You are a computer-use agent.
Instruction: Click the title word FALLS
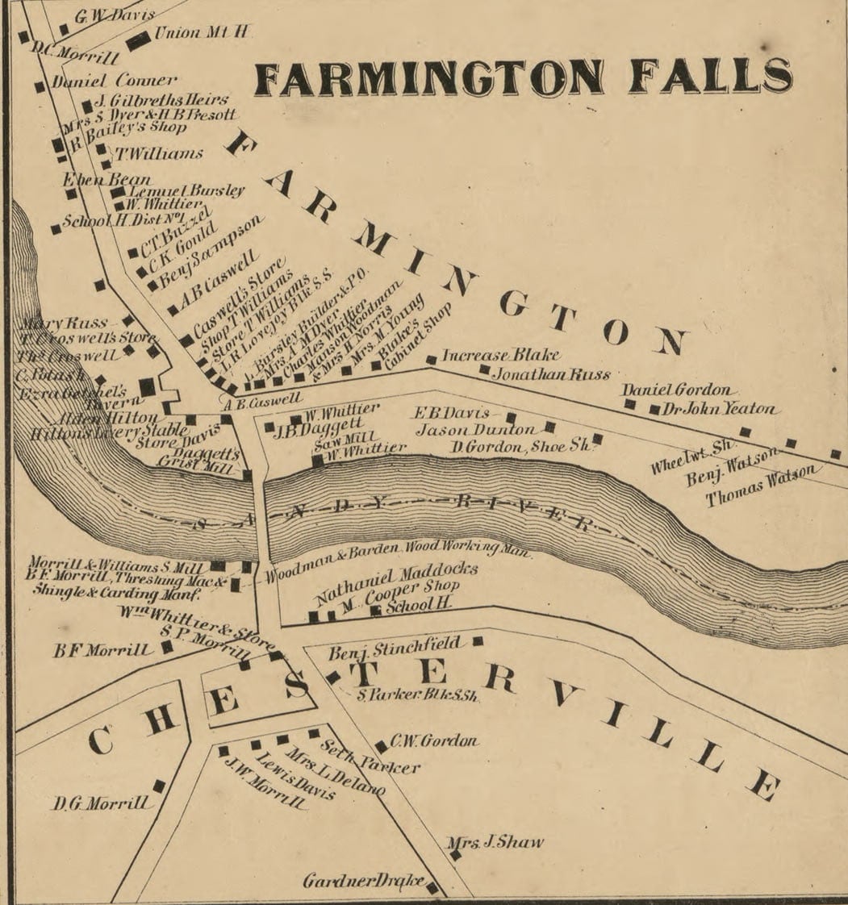coord(709,77)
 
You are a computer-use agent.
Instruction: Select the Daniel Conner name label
coord(114,81)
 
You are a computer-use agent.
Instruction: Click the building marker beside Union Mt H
coord(138,40)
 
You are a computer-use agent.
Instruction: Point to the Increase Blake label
coord(500,355)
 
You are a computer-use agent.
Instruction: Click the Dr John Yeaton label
coord(721,410)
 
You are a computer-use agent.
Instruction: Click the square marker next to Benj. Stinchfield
coord(478,641)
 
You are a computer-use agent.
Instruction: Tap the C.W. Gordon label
coord(434,740)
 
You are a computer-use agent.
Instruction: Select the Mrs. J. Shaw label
coord(495,843)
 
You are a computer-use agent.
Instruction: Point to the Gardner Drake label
coord(362,881)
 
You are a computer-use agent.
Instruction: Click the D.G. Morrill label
coord(100,803)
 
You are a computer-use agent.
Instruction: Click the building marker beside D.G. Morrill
coord(159,786)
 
